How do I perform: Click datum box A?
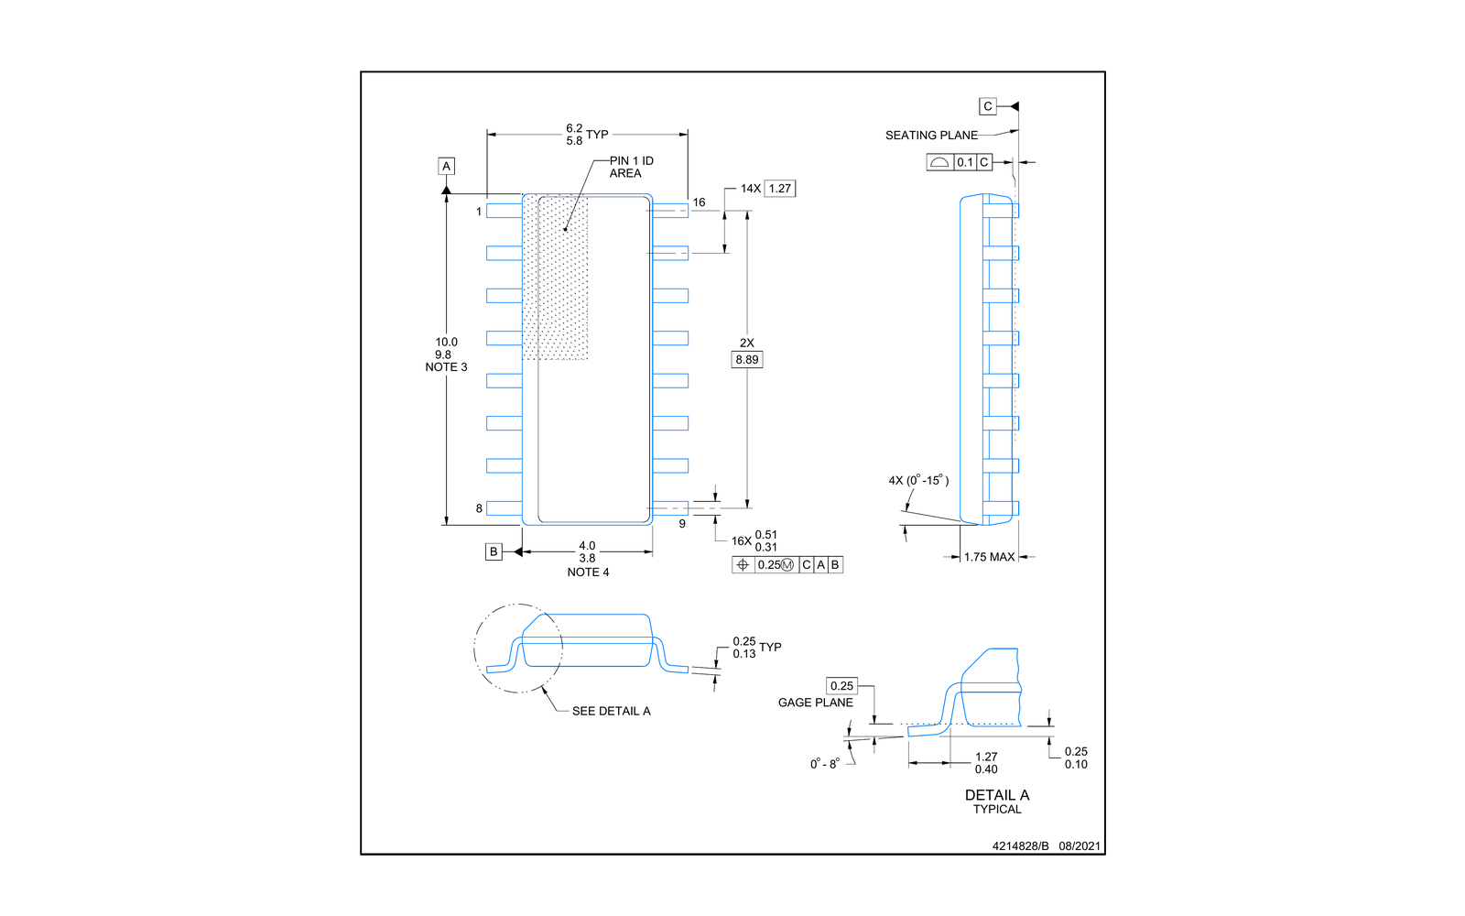click(x=446, y=166)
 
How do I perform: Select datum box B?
click(x=494, y=551)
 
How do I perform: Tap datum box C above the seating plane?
click(x=988, y=106)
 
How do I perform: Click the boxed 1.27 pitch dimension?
click(x=779, y=189)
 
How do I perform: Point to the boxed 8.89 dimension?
click(x=747, y=359)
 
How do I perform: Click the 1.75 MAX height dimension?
click(x=989, y=557)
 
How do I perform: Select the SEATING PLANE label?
click(x=931, y=136)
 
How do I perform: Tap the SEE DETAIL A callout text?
click(x=611, y=711)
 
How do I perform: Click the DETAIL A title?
click(x=997, y=795)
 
